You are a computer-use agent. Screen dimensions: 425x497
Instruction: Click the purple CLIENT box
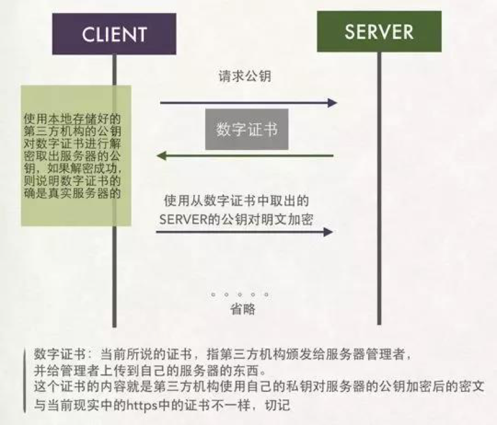[x=114, y=34]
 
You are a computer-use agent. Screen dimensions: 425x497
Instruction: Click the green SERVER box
[x=379, y=31]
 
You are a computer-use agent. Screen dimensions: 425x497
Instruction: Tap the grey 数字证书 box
[x=247, y=129]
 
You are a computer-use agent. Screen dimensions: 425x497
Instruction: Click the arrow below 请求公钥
[x=248, y=103]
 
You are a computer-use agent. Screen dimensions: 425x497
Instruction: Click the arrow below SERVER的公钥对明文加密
[x=244, y=232]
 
